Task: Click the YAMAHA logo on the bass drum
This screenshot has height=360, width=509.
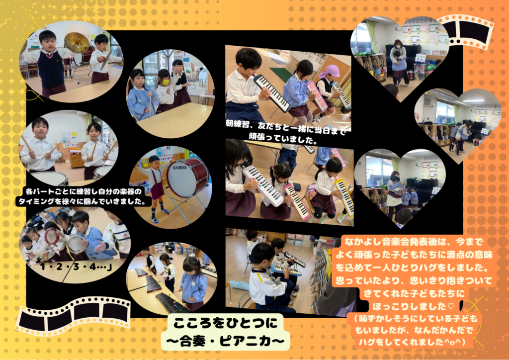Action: [180, 168]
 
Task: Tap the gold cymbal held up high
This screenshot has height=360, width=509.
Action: [77, 43]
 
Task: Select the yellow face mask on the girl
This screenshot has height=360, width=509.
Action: [166, 83]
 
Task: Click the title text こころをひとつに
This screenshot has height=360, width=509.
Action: [225, 323]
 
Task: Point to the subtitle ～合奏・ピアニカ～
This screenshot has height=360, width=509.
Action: [225, 341]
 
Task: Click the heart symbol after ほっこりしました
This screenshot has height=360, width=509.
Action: [450, 306]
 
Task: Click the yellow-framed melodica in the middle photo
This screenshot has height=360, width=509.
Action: [344, 198]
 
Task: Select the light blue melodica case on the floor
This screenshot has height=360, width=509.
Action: [239, 285]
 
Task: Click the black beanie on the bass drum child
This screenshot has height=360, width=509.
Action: [154, 159]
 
